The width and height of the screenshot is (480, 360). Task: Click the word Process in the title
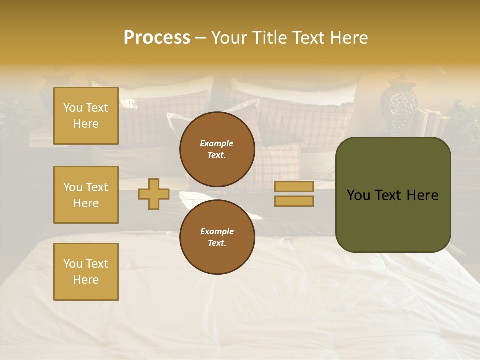click(x=157, y=38)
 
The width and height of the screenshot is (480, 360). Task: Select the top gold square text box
click(x=86, y=116)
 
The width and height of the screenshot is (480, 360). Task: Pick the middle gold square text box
click(x=86, y=195)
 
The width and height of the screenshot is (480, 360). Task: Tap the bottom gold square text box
click(x=86, y=272)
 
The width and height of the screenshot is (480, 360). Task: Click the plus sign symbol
click(x=154, y=194)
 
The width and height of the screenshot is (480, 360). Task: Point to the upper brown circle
click(x=217, y=149)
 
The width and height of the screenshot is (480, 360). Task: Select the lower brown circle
click(x=217, y=237)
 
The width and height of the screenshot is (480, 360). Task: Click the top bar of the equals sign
click(x=294, y=187)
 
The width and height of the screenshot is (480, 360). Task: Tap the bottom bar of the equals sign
click(x=294, y=201)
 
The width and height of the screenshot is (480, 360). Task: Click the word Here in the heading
click(x=349, y=38)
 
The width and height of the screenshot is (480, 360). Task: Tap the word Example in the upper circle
click(x=217, y=143)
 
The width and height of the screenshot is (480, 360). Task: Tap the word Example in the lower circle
click(x=217, y=231)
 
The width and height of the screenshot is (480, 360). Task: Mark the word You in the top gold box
click(x=73, y=108)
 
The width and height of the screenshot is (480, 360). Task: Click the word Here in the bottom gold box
click(x=86, y=280)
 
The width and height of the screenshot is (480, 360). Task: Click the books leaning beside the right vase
click(x=431, y=122)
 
